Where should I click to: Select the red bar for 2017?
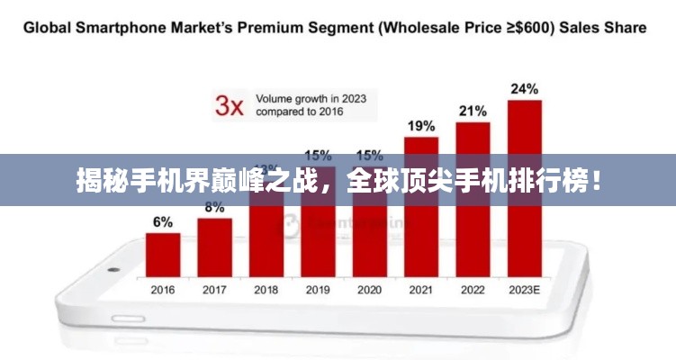[x=214, y=247]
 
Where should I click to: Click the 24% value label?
[x=525, y=89]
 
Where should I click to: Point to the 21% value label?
[x=473, y=111]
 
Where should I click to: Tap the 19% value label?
[x=421, y=126]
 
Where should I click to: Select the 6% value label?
[x=163, y=222]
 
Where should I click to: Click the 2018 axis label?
[x=266, y=290]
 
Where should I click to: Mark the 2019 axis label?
[x=318, y=290]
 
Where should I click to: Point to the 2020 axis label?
[x=369, y=290]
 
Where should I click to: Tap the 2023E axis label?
[x=525, y=290]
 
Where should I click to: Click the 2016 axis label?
[x=163, y=290]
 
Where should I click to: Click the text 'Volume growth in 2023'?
[x=311, y=98]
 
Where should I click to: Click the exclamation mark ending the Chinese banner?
[x=594, y=180]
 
